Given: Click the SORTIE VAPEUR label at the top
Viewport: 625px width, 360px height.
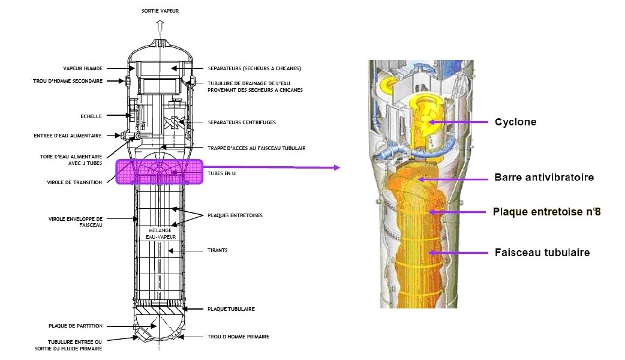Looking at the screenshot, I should click(x=160, y=11).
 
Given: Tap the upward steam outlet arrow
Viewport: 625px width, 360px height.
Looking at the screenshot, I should click(x=160, y=25).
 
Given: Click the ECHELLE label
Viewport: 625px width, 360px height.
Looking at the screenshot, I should click(x=92, y=116).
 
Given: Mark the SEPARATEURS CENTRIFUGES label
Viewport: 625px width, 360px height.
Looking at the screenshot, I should click(x=241, y=122).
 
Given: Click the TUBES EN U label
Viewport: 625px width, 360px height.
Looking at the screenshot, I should click(x=222, y=175).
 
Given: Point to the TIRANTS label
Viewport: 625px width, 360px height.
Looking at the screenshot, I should click(x=218, y=250).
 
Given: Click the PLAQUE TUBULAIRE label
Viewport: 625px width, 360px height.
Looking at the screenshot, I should click(x=231, y=309).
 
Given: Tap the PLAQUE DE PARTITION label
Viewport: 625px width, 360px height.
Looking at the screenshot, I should click(x=76, y=326).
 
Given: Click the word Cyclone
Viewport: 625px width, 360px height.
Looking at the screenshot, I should click(x=515, y=122).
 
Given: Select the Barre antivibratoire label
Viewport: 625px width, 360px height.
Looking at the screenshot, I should click(x=544, y=178).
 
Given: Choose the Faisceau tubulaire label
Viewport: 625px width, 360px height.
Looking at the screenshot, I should click(x=542, y=253).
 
